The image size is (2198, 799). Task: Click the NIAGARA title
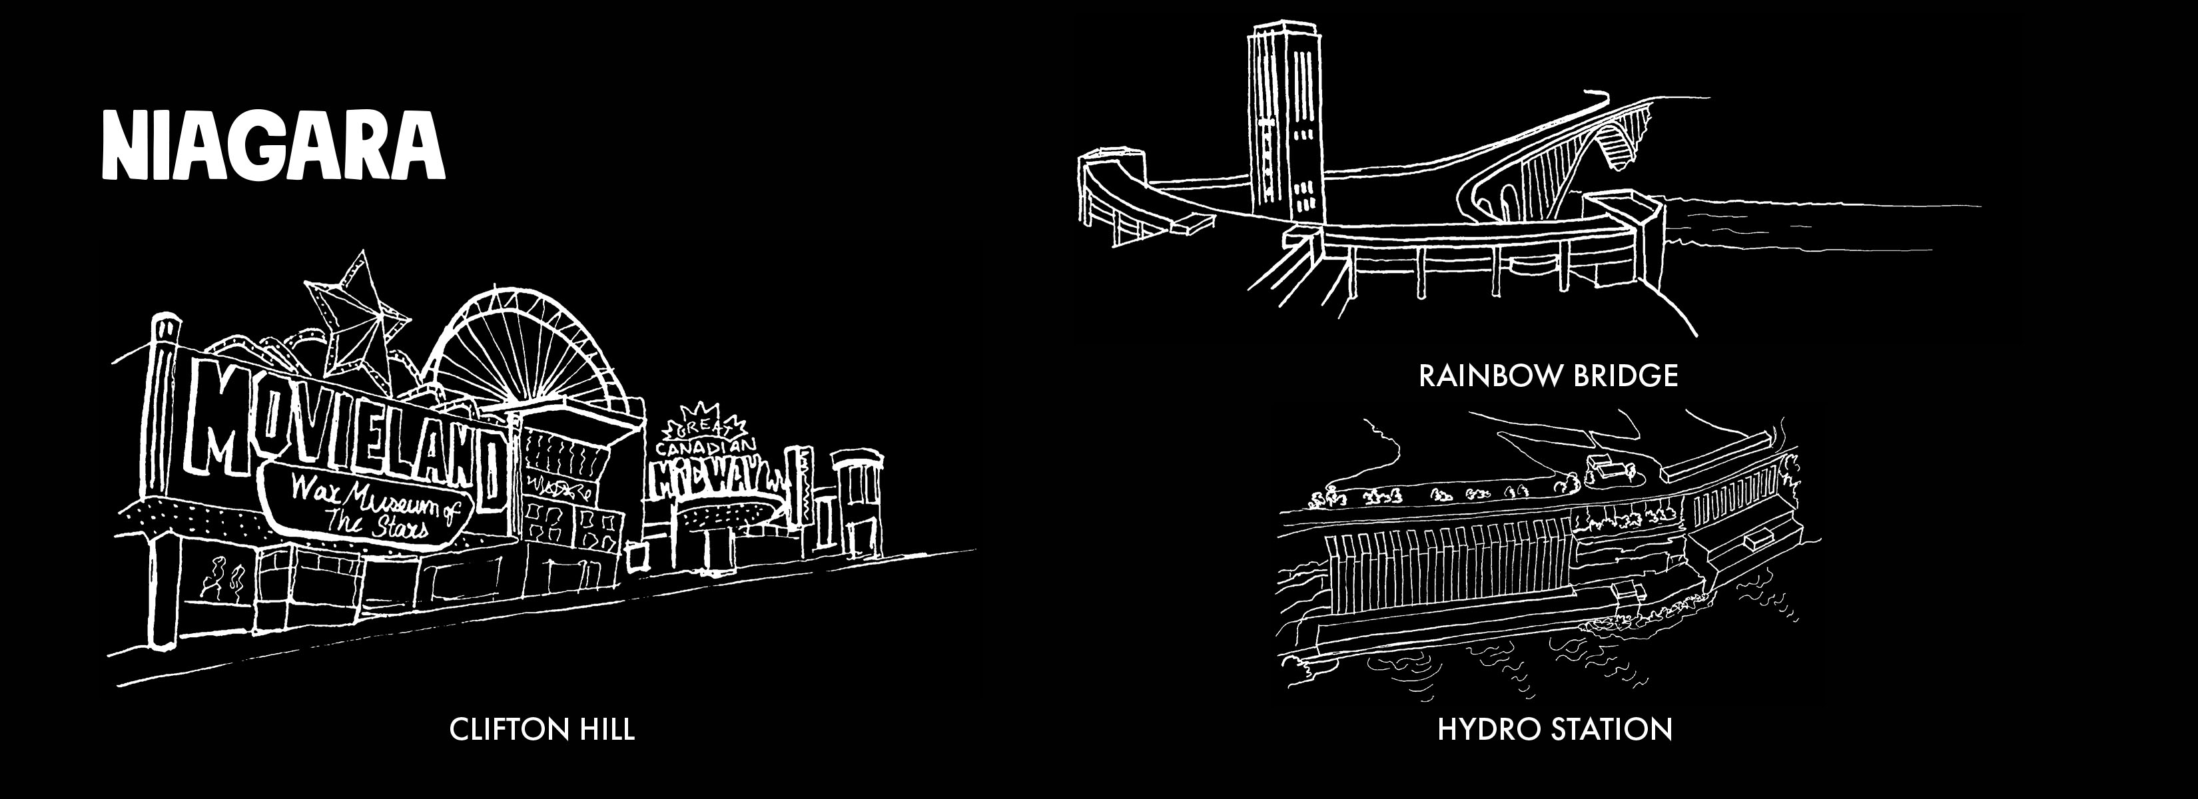coord(273,145)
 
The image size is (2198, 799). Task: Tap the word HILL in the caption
coord(607,730)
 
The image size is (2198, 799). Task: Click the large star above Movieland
coord(354,311)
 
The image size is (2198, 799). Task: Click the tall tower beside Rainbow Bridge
coord(1284,119)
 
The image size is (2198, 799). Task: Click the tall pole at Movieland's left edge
coord(162,477)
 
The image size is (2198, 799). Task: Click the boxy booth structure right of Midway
coord(857,503)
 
